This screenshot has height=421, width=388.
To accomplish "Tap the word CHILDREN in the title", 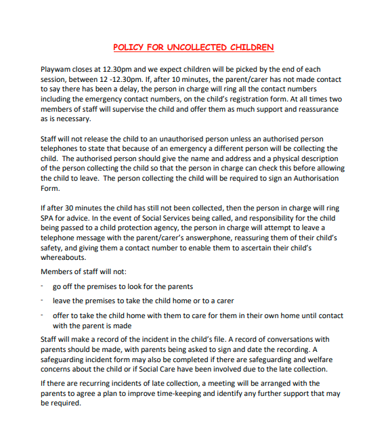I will [253, 47].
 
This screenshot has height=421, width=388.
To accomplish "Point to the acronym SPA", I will [49, 219].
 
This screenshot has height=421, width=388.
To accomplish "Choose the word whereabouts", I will [64, 258].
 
